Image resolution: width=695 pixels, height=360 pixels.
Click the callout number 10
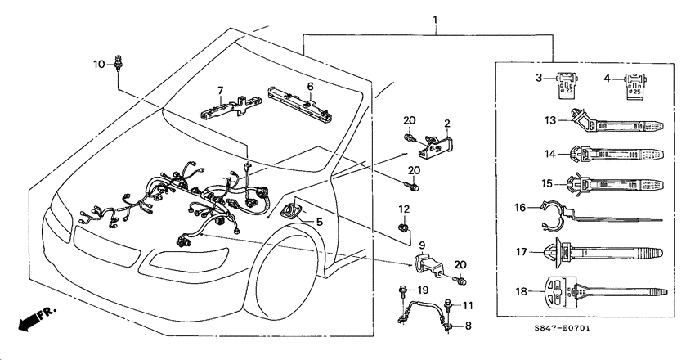98,64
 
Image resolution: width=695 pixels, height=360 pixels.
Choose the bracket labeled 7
226,107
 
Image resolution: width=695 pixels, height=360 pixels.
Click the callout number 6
311,85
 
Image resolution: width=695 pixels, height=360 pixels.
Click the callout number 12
404,210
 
